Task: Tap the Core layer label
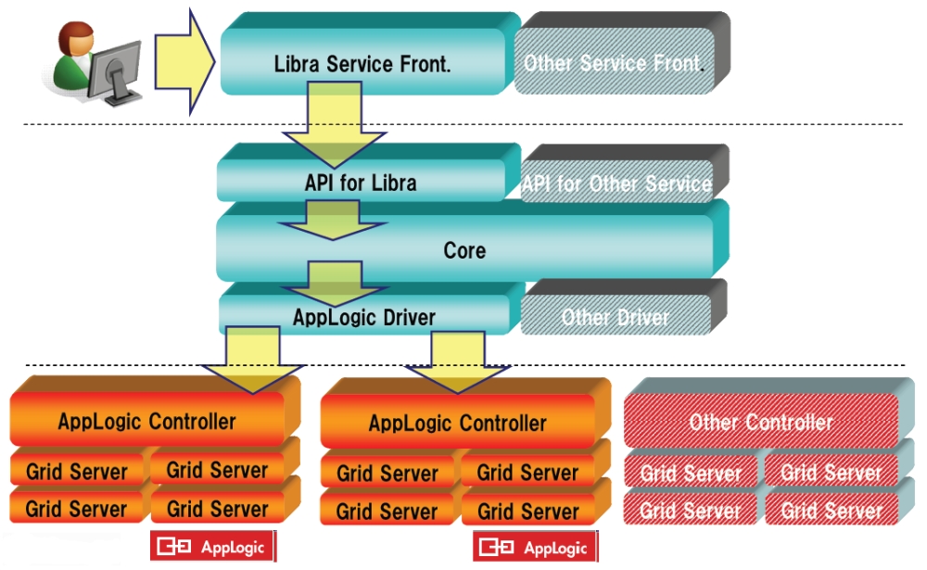[x=464, y=250]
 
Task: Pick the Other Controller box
[x=760, y=423]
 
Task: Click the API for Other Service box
[x=616, y=184]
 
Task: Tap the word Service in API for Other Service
[x=676, y=184]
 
